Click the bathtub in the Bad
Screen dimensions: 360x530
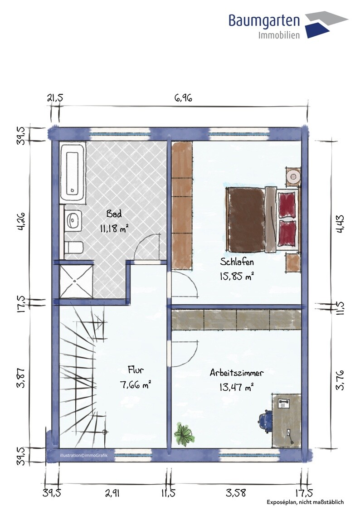point(73,172)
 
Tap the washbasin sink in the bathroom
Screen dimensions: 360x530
point(73,220)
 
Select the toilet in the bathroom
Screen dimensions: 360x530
point(74,248)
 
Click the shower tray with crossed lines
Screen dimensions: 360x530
point(76,281)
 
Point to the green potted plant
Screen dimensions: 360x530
point(184,435)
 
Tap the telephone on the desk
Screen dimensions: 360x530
point(283,403)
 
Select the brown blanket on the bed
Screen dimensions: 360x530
point(245,219)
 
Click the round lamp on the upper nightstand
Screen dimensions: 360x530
point(293,176)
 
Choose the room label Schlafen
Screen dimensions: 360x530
point(237,262)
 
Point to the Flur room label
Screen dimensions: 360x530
point(136,370)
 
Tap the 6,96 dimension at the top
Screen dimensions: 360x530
point(183,98)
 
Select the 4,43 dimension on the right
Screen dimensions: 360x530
point(340,224)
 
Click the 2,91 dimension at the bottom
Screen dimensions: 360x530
point(112,493)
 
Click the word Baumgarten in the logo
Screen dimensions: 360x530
point(264,20)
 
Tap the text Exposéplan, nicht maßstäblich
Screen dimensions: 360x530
point(305,502)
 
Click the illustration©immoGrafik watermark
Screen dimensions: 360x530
point(83,455)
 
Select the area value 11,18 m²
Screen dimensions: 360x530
point(114,229)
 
